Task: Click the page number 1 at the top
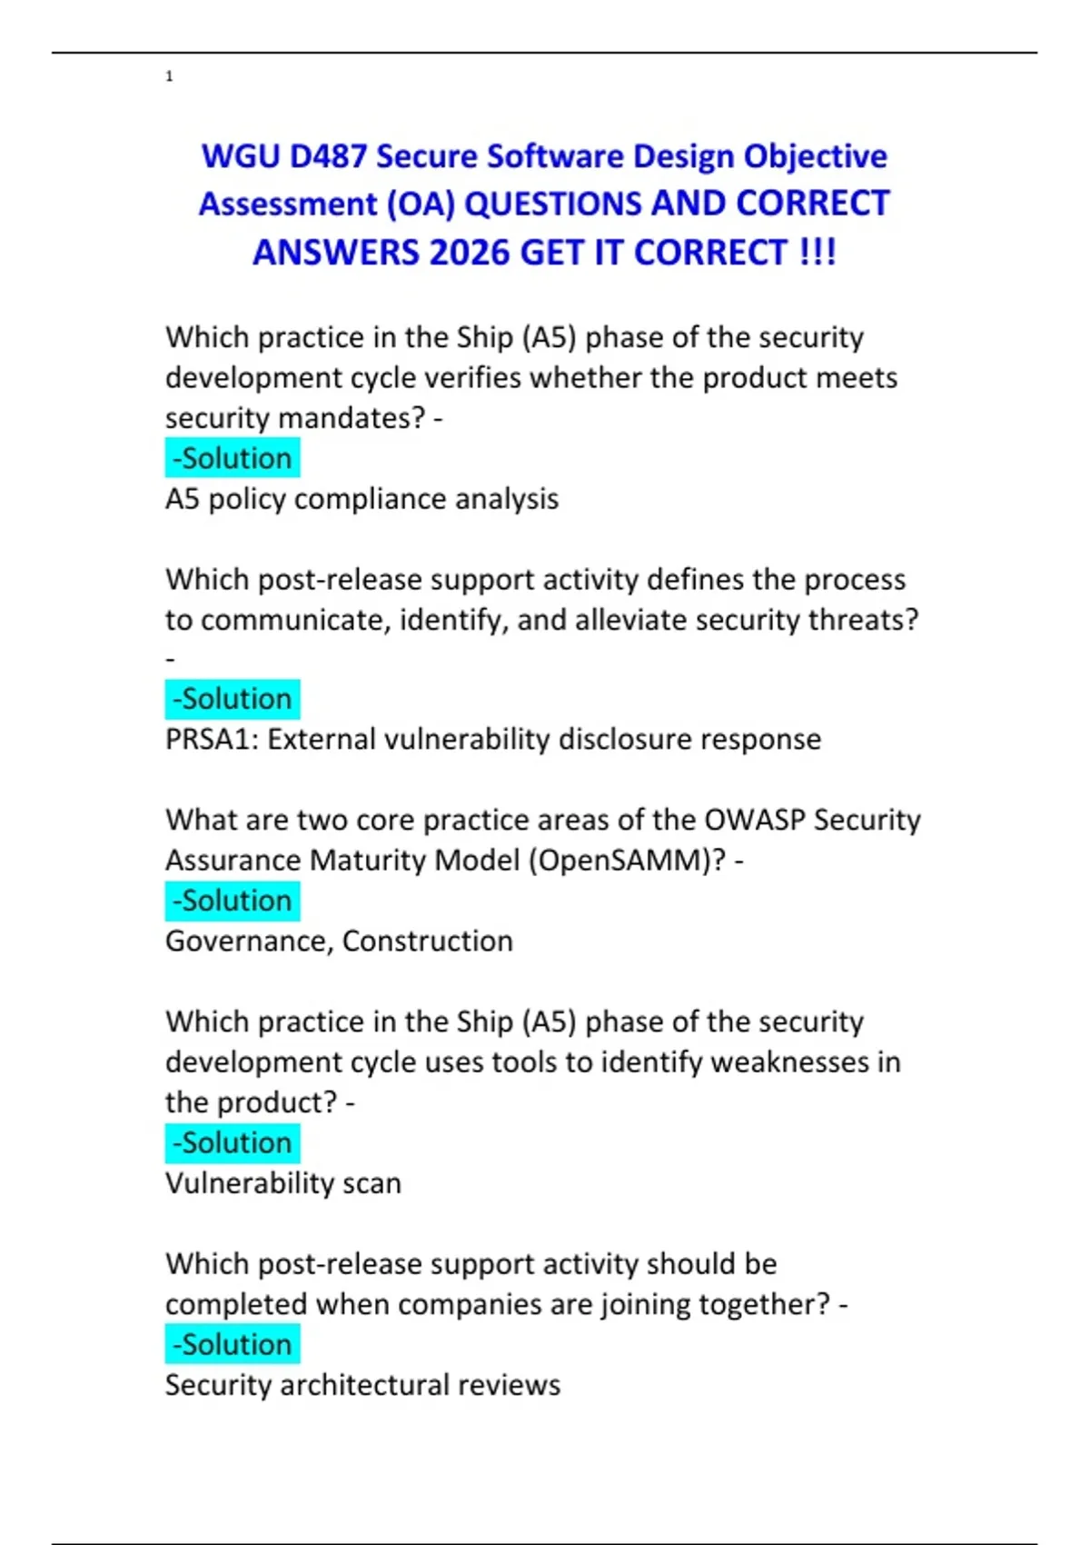click(x=169, y=76)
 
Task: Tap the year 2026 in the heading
click(x=471, y=253)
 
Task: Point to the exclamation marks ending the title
click(x=817, y=253)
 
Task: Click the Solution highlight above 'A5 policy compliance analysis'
click(x=233, y=458)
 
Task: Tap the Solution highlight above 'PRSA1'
click(x=233, y=699)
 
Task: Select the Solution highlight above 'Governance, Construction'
click(x=233, y=901)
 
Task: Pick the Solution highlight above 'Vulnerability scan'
click(x=233, y=1142)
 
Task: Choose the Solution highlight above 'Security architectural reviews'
click(x=233, y=1344)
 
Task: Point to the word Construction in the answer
click(x=427, y=942)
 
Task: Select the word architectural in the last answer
click(x=364, y=1385)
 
